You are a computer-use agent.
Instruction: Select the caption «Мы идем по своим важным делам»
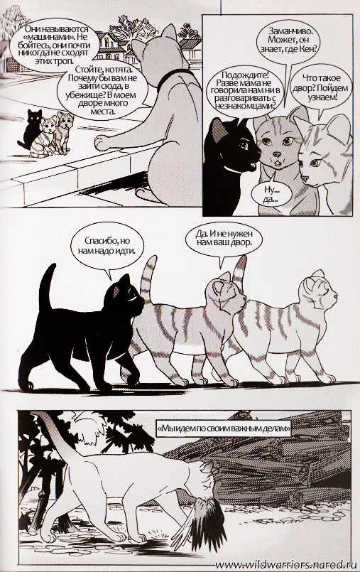224,429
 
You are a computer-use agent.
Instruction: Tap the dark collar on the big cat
174,77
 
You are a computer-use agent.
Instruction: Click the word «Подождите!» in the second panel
244,75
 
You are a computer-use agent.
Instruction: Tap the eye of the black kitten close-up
244,146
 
